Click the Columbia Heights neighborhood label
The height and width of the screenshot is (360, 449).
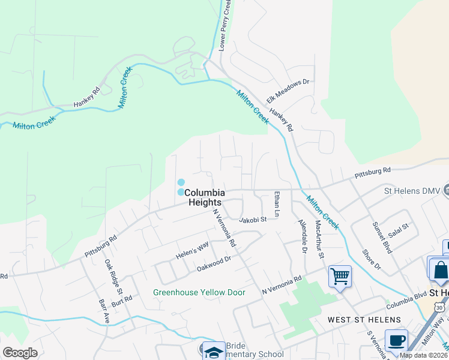205,197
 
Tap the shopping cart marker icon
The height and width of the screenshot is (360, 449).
340,277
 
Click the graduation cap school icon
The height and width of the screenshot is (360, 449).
213,350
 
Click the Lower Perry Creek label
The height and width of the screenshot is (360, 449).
224,25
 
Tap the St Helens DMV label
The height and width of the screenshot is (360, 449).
412,191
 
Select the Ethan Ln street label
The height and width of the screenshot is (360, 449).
277,204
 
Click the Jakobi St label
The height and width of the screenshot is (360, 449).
252,220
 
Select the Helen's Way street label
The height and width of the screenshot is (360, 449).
191,245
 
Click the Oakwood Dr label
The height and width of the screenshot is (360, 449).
214,263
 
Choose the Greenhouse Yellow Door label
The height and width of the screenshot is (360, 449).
199,293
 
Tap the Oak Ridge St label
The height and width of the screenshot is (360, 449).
110,275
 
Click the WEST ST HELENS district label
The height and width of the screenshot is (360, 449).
360,320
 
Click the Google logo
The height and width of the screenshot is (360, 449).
20,353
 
